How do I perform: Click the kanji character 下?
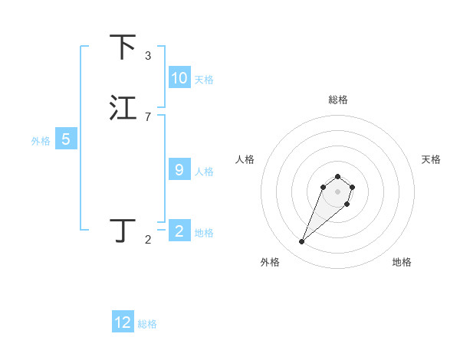(123, 47)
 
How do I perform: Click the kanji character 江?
(123, 108)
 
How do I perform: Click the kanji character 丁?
(123, 231)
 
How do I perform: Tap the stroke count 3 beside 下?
(148, 56)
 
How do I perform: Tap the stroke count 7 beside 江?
(148, 116)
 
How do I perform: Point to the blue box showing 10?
(179, 78)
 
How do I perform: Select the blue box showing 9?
(179, 170)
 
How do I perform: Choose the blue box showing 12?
(123, 322)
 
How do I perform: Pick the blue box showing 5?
(66, 139)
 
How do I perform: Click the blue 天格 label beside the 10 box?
(204, 80)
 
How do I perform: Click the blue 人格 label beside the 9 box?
(204, 172)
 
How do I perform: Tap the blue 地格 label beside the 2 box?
(204, 233)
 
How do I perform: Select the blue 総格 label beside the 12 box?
(147, 324)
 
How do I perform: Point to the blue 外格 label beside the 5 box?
(41, 141)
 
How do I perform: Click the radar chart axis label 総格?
(337, 100)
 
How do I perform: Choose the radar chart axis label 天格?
(431, 159)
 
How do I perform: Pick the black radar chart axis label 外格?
(270, 262)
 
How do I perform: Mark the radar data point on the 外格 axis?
(302, 242)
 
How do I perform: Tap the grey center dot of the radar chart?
(337, 191)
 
